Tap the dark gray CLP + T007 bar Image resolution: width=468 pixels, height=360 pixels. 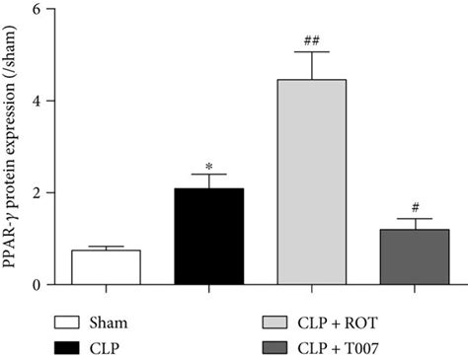click(415, 257)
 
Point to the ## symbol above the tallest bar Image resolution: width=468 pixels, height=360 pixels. click(311, 40)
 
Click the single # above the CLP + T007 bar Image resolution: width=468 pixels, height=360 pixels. click(416, 208)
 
